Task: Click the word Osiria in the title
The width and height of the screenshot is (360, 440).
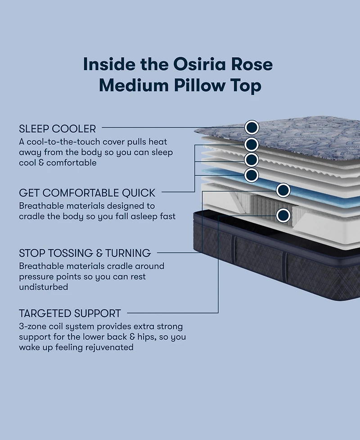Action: point(199,64)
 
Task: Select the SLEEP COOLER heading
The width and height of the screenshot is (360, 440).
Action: point(58,129)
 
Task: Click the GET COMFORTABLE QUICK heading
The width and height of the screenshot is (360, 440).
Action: point(87,193)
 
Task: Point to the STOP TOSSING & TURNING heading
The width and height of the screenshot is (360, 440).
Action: point(85,253)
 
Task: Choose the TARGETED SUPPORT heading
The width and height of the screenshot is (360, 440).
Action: point(70,313)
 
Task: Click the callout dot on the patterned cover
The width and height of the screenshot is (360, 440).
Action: point(252,127)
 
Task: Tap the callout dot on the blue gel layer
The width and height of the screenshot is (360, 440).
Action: point(252,175)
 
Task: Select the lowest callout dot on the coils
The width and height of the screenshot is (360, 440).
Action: point(283,216)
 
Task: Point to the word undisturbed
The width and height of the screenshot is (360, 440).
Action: point(44,287)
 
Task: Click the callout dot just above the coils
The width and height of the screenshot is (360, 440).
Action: point(283,190)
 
